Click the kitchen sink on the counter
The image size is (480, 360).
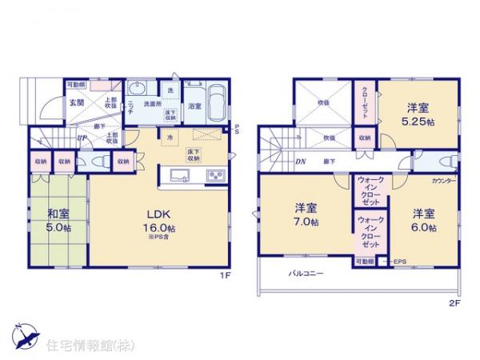[x=178, y=176]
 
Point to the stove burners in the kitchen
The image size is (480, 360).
[x=215, y=176]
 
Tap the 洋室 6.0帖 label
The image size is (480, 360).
[x=424, y=221]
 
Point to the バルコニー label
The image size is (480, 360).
[x=306, y=274]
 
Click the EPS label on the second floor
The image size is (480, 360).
[x=398, y=262]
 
